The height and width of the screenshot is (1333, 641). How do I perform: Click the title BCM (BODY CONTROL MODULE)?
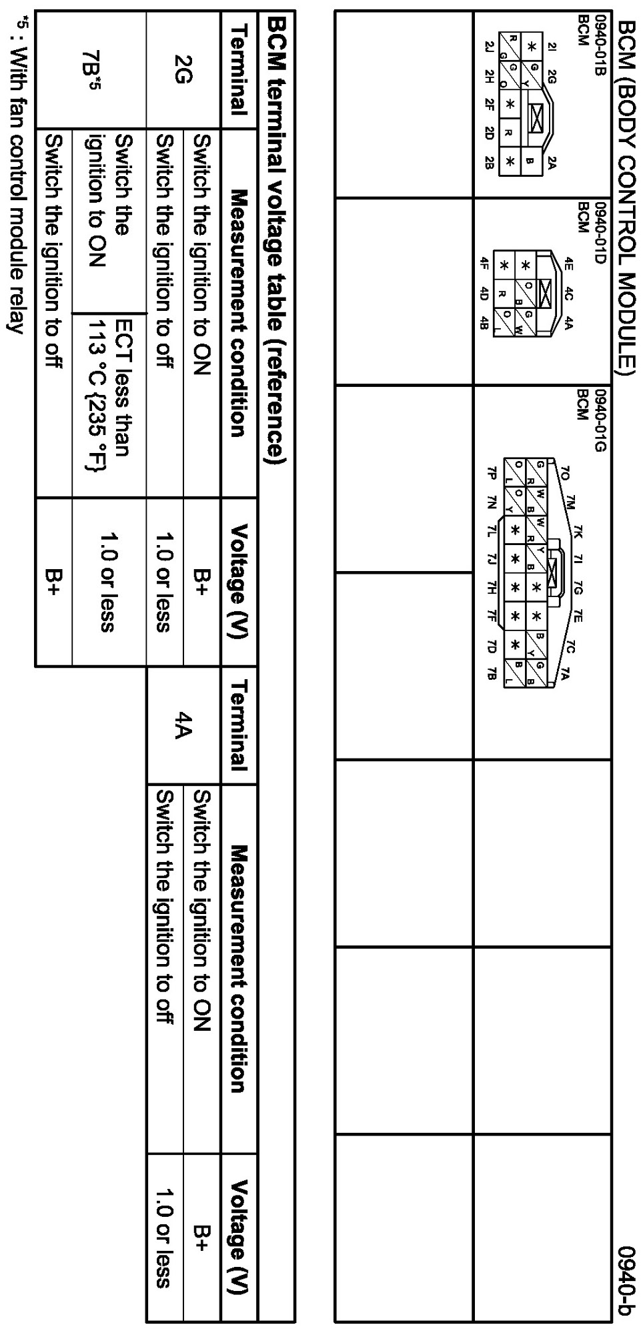[x=628, y=194]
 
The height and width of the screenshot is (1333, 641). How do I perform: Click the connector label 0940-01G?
[x=599, y=421]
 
